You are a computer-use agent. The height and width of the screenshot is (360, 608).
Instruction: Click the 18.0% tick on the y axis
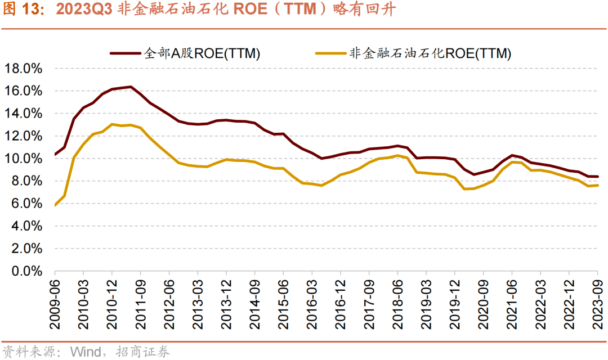click(23, 69)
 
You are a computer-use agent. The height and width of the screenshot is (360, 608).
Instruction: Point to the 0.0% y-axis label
click(26, 272)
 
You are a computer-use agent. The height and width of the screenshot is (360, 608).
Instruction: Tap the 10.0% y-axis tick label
click(23, 159)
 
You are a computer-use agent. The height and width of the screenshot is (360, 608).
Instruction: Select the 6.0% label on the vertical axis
click(26, 204)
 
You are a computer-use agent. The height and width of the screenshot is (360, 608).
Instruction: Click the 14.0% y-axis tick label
click(23, 114)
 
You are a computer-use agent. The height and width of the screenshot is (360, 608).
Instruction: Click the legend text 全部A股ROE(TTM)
click(202, 54)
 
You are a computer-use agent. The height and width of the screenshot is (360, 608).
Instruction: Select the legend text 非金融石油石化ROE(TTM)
click(431, 54)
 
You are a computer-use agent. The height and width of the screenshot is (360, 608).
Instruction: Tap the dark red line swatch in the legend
click(125, 54)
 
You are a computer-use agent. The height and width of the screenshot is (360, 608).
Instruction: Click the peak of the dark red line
click(131, 87)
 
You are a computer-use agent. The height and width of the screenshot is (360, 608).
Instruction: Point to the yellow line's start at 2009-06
click(55, 205)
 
